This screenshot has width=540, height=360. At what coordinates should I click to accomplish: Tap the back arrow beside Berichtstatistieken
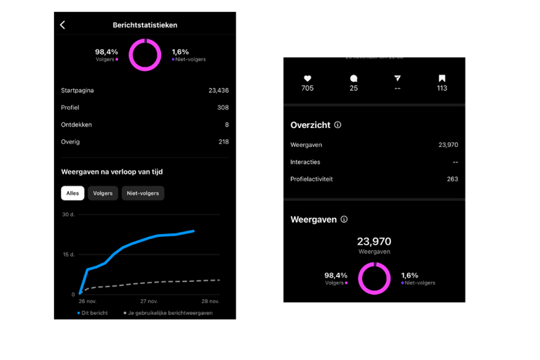(63, 25)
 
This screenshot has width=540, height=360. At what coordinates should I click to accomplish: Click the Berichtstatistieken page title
(145, 25)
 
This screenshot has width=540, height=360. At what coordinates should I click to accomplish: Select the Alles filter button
(72, 193)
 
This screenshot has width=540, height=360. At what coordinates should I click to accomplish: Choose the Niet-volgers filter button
(143, 193)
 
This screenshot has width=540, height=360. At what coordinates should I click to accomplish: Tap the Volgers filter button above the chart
(103, 193)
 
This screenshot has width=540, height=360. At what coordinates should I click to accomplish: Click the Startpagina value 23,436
(219, 91)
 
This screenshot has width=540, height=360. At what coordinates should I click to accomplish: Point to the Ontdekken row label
(77, 124)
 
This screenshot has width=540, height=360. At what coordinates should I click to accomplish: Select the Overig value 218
(224, 142)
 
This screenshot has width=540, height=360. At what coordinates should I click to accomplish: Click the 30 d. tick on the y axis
(68, 214)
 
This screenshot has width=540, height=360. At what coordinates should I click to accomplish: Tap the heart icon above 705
(307, 78)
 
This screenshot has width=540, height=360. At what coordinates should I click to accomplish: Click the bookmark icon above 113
(442, 78)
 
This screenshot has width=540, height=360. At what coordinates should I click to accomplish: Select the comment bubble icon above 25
(354, 78)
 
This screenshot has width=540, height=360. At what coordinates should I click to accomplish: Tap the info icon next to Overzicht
(337, 125)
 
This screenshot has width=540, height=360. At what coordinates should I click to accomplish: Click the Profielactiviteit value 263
(452, 179)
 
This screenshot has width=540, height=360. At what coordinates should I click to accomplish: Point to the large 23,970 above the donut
(374, 241)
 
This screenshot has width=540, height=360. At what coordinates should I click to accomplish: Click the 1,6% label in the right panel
(409, 275)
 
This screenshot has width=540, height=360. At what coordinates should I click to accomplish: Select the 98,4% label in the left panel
(107, 51)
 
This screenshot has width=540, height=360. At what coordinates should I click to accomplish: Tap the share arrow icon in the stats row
(397, 78)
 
